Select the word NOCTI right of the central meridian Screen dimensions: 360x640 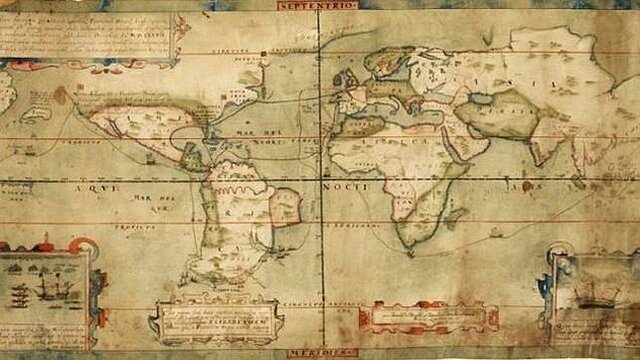point(345,187)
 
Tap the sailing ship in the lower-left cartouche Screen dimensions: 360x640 point(44,291)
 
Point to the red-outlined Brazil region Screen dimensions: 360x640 point(283,206)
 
